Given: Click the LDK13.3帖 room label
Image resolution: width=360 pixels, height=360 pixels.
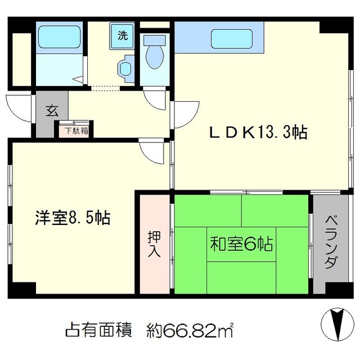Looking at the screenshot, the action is tap(258, 133).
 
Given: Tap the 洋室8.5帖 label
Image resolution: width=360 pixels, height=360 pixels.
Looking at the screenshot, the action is tap(73, 218).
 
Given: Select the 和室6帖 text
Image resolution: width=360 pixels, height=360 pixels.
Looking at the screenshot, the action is tap(241, 244).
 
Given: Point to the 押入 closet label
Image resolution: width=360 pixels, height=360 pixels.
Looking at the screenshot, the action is tap(154, 244).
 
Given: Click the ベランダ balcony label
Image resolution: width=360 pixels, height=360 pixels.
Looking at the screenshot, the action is tap(331, 242).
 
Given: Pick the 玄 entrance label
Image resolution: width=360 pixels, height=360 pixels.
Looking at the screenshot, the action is tap(52, 111).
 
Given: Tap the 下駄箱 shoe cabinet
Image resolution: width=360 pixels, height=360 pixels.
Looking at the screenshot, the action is tap(74, 130).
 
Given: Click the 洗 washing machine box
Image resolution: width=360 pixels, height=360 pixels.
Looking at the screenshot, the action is tap(122, 35).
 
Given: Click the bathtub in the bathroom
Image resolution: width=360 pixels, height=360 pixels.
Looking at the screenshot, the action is tap(59, 37).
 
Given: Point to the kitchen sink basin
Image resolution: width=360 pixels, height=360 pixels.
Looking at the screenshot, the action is tap(232, 39).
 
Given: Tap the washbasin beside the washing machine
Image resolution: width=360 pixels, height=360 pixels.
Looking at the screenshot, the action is tap(125, 69).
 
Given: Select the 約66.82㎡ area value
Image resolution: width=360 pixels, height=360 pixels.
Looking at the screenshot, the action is tap(190, 330).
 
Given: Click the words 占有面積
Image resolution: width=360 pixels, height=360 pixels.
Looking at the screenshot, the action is tap(99, 330).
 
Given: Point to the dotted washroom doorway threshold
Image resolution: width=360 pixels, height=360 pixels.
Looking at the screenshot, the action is tap(105, 88).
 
